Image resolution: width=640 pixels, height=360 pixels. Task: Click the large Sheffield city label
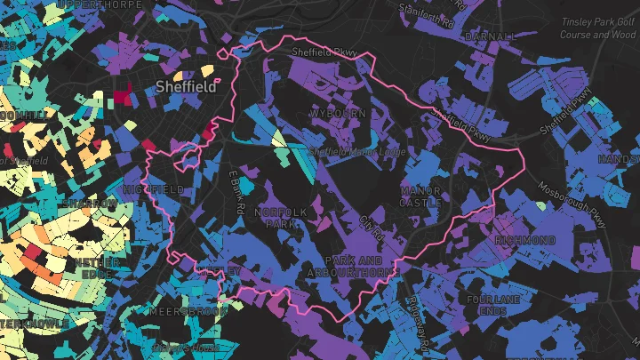click(x=187, y=87)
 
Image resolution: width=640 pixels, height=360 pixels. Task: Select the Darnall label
click(x=489, y=36)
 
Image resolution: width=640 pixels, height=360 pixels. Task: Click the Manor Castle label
click(x=421, y=196)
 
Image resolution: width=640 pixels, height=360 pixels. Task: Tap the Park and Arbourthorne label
click(x=353, y=266)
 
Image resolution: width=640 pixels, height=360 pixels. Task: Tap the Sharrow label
click(x=91, y=204)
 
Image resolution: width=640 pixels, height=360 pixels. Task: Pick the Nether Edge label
click(x=98, y=269)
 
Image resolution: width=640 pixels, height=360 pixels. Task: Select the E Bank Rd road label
click(x=236, y=191)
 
